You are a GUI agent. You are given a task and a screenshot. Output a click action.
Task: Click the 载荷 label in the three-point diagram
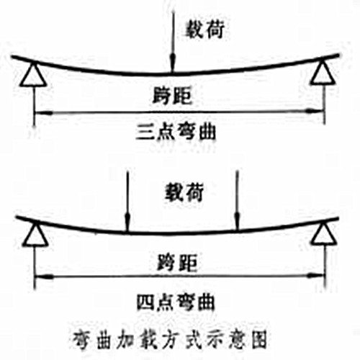[x=204, y=30]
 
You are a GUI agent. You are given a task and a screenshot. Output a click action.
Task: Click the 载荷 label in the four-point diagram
[x=184, y=192]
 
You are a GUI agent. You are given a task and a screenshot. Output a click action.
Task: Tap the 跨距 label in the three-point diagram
[x=172, y=96]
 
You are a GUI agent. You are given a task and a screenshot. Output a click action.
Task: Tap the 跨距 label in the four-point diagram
[x=177, y=263]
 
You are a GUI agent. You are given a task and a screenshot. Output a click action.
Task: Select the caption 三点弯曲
[x=176, y=132]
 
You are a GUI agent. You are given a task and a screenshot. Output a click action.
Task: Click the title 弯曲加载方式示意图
[x=169, y=340]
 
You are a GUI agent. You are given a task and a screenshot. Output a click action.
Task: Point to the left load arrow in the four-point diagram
[x=127, y=201]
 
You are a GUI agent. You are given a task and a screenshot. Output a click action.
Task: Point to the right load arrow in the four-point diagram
[x=237, y=200]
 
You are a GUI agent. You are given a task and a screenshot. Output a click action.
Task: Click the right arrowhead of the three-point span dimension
[x=316, y=111]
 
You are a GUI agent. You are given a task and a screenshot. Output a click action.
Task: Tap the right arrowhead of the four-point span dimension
[x=316, y=276]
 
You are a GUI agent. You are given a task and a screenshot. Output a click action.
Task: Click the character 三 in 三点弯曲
[x=145, y=132]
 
